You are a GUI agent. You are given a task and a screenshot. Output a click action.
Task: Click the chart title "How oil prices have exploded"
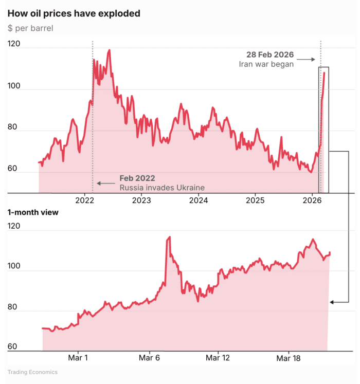74,13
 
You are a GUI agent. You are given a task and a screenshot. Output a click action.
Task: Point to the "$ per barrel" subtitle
30,28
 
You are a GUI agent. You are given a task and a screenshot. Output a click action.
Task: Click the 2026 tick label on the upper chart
313,200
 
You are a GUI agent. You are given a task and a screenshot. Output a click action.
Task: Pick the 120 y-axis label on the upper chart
14,44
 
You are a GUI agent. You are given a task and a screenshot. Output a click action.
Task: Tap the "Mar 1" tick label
78,357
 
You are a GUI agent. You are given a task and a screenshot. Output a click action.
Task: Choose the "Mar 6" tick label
149,357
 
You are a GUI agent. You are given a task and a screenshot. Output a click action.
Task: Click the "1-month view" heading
33,212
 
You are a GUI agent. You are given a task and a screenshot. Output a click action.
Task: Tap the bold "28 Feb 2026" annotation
271,54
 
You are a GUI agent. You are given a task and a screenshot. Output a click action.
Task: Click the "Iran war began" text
266,64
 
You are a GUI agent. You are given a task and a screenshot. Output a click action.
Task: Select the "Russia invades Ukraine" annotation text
162,188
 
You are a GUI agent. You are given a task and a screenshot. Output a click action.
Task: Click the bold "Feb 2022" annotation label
137,178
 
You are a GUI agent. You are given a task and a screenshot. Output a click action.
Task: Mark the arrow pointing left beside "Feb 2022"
106,183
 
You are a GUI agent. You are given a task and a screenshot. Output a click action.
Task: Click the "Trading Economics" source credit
32,372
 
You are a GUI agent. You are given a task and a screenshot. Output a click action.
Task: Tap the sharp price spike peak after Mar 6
169,237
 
